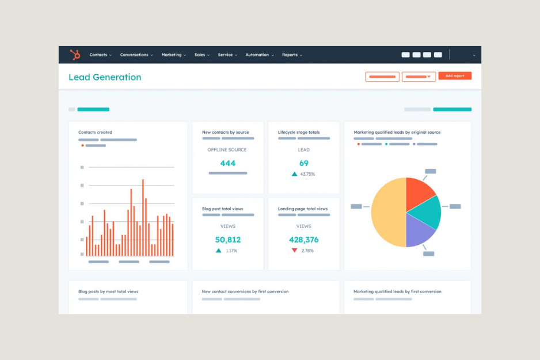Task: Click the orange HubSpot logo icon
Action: pyautogui.click(x=75, y=55)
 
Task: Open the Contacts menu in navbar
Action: pyautogui.click(x=100, y=55)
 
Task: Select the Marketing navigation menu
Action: pyautogui.click(x=173, y=55)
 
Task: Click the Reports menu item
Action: pyautogui.click(x=292, y=55)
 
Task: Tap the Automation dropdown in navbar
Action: pyautogui.click(x=259, y=55)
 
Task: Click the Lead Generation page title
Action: pyautogui.click(x=105, y=77)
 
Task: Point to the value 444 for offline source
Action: pyautogui.click(x=228, y=164)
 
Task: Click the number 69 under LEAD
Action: pyautogui.click(x=303, y=164)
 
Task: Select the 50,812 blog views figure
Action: pyautogui.click(x=228, y=240)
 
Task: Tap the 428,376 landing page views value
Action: pyautogui.click(x=303, y=240)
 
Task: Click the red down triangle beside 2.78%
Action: pyautogui.click(x=295, y=251)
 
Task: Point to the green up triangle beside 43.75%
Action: pyautogui.click(x=294, y=174)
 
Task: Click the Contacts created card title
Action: pyautogui.click(x=95, y=132)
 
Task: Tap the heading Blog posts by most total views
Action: pyautogui.click(x=108, y=291)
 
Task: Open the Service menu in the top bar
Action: pyautogui.click(x=227, y=55)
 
